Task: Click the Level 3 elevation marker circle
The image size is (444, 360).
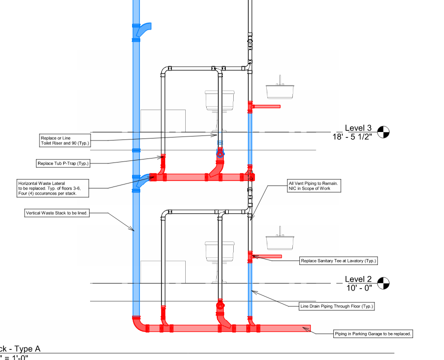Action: [383, 132]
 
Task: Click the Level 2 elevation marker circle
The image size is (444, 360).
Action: [383, 283]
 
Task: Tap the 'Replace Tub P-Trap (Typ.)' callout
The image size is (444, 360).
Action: [63, 163]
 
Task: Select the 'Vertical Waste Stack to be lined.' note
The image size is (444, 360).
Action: [57, 213]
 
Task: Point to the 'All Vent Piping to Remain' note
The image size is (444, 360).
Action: [314, 186]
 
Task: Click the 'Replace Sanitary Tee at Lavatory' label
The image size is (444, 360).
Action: [338, 260]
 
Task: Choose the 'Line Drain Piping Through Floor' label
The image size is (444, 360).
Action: [337, 306]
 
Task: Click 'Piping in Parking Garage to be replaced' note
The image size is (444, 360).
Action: [373, 333]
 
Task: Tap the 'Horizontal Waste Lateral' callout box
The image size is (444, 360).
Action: [53, 188]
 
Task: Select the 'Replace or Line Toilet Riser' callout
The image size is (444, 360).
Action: [65, 140]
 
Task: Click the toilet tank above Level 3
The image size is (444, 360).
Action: [220, 101]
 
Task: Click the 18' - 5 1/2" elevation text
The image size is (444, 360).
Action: [352, 137]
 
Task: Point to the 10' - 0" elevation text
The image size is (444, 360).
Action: [359, 288]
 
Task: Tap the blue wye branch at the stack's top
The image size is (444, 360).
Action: [143, 29]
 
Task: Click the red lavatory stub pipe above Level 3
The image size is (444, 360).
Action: [266, 106]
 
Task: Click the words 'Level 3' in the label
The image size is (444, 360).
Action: [358, 128]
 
